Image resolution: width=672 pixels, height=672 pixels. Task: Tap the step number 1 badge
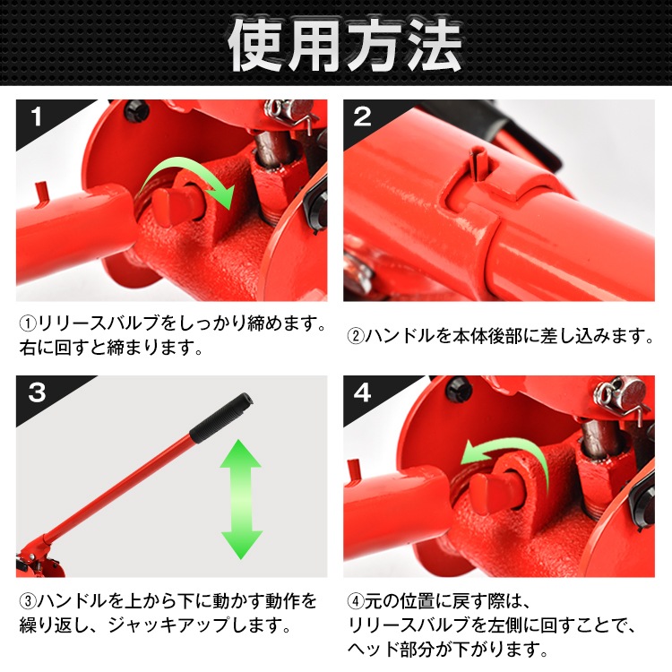pos(37,116)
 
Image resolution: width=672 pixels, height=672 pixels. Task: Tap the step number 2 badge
pos(362,116)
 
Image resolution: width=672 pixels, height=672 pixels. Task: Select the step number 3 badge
pos(37,392)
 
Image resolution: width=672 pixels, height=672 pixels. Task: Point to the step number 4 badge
pos(363,392)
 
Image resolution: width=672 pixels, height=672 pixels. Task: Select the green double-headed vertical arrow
pos(241,499)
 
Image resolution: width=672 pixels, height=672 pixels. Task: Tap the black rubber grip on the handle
pos(221,418)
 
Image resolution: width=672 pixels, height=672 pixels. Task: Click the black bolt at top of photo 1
pos(137,111)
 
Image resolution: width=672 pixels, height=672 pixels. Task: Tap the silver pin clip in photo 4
pos(623,396)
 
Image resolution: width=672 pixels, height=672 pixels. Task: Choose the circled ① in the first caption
pos(29,323)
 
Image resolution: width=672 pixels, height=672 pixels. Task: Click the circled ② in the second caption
pos(356,336)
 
